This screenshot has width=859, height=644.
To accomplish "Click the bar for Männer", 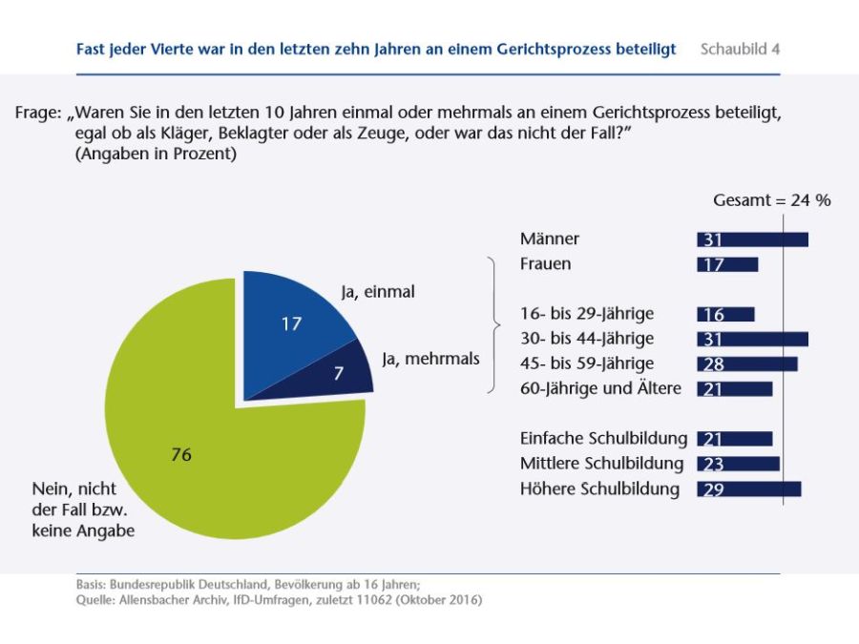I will coord(752,239).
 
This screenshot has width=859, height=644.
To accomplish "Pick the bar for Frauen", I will coord(727,264).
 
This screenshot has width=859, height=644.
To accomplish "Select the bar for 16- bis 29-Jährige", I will coord(725,314).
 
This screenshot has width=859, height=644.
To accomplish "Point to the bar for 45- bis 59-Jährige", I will coord(746,364).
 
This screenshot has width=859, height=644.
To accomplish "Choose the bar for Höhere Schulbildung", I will coord(748,488).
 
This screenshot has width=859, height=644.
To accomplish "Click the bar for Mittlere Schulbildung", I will coord(738,464).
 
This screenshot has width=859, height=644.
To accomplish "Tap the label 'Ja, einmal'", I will coord(378,292).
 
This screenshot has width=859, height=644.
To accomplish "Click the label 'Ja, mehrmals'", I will coord(430,359).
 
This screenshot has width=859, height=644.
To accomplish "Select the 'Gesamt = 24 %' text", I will coord(771,200).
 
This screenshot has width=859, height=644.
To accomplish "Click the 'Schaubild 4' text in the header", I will coord(740,49).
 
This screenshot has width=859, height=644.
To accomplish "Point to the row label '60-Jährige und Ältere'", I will coord(600,388).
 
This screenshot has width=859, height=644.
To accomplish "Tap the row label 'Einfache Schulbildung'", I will coord(603,439).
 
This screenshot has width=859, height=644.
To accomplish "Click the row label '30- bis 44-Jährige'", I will coord(587,339).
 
